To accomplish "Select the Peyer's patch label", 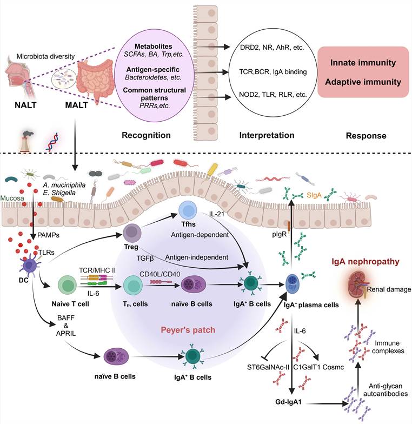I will tap(188, 329).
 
